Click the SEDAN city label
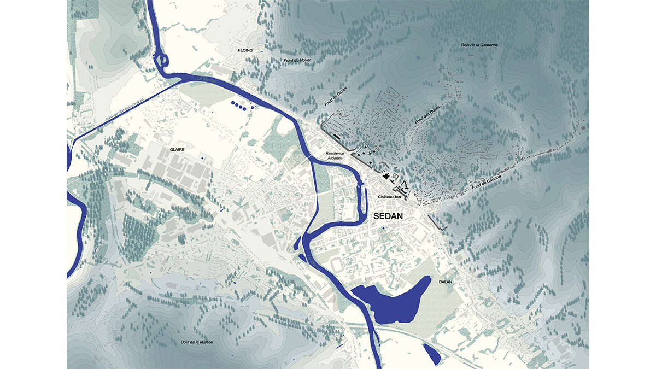[x=388, y=216]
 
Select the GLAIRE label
[x=176, y=148]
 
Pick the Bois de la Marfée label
[x=196, y=342]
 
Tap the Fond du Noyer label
[x=297, y=61]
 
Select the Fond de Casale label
[x=334, y=95]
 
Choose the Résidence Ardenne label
[x=335, y=156]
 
